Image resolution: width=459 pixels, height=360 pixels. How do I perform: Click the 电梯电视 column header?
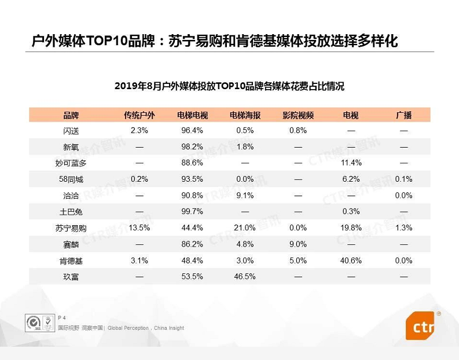point(192,115)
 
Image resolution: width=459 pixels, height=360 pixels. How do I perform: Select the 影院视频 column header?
point(298,115)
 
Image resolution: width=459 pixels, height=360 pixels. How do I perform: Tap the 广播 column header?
point(403,115)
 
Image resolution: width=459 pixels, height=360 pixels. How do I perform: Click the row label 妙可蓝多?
point(71,163)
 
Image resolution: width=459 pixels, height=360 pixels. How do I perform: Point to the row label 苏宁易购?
point(71,228)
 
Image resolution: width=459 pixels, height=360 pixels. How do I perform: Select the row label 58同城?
point(71,179)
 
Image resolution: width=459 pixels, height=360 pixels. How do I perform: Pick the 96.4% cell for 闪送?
point(192,130)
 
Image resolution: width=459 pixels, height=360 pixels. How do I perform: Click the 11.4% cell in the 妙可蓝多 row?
point(351,163)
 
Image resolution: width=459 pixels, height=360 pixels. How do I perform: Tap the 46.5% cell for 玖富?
point(245,276)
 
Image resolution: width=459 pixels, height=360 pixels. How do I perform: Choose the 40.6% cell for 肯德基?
point(351,260)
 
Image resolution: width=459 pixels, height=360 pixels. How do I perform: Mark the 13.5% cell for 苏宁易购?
point(139,227)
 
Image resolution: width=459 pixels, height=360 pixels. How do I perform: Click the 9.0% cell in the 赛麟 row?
point(298,244)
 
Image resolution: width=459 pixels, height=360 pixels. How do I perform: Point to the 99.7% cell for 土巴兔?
point(192,211)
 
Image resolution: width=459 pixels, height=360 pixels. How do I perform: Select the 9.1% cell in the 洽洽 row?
point(245,195)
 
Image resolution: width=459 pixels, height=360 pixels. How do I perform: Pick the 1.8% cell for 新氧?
point(245,146)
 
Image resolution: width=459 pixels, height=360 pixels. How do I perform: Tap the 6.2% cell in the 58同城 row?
point(351,179)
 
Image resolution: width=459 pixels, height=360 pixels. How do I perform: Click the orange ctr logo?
point(419,326)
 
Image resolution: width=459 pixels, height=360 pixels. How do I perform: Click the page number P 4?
point(62,318)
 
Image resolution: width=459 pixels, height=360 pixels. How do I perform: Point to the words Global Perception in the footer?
point(128,328)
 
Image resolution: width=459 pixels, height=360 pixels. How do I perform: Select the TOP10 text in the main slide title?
point(107,41)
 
